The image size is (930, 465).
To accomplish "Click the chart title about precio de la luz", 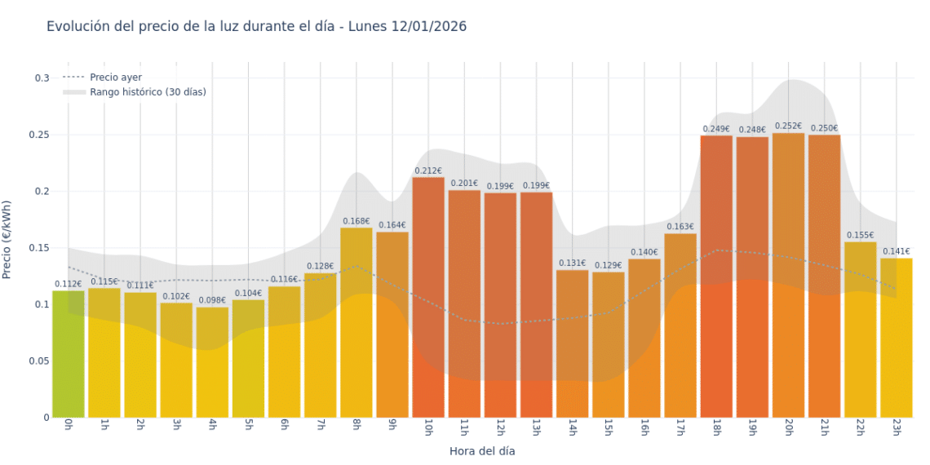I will point(256,26).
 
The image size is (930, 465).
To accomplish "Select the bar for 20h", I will point(788,277).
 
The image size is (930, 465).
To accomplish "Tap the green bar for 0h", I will point(69,355).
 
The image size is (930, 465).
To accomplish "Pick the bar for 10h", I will point(428,298).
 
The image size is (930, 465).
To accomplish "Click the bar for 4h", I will point(212,363).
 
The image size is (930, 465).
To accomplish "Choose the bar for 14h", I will point(572,343).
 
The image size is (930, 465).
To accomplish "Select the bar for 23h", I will point(896,339).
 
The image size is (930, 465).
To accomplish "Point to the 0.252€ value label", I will point(788,126).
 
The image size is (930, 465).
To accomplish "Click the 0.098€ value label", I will point(212,300).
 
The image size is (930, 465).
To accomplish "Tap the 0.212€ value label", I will point(428,171).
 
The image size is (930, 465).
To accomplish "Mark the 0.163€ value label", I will point(680,227).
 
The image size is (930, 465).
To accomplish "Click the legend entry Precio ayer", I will point(115,77).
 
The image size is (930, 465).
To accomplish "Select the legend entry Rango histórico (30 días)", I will point(148,92).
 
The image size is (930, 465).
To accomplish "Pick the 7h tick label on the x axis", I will point(321,427).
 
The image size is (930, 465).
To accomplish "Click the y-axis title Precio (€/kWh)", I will point(7,241).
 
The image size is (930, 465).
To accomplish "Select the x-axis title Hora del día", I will point(482,450).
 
